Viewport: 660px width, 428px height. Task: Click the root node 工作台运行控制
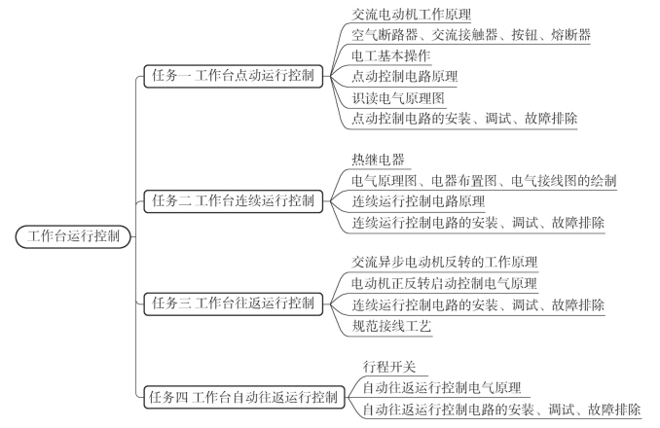[x=73, y=236]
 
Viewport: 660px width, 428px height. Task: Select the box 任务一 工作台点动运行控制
[x=234, y=76]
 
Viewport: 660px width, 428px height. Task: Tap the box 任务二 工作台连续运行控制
[x=234, y=201]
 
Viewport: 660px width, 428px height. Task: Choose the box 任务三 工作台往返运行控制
[x=234, y=303]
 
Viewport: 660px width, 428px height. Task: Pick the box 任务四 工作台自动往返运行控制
[x=244, y=397]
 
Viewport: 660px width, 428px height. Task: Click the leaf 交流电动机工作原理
[x=411, y=15]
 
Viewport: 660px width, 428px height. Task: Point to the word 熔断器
[x=570, y=35]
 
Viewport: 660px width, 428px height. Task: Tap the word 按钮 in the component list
[x=525, y=35]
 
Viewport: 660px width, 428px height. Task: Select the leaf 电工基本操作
[x=391, y=55]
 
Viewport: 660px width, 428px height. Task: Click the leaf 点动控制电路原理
[x=405, y=76]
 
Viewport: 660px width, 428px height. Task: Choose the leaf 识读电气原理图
[x=398, y=98]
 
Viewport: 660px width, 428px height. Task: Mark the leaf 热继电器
[x=378, y=160]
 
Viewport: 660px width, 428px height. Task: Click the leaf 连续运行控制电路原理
[x=418, y=201]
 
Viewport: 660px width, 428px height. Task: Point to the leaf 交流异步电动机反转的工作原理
[x=445, y=262]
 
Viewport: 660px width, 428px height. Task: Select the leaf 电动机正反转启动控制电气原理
[x=445, y=283]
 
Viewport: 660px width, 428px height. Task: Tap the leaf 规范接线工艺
[x=391, y=326]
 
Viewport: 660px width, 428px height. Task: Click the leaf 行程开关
[x=389, y=367]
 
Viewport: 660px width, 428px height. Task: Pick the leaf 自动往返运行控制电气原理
[x=442, y=388]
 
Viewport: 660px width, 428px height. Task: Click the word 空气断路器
[x=385, y=35]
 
